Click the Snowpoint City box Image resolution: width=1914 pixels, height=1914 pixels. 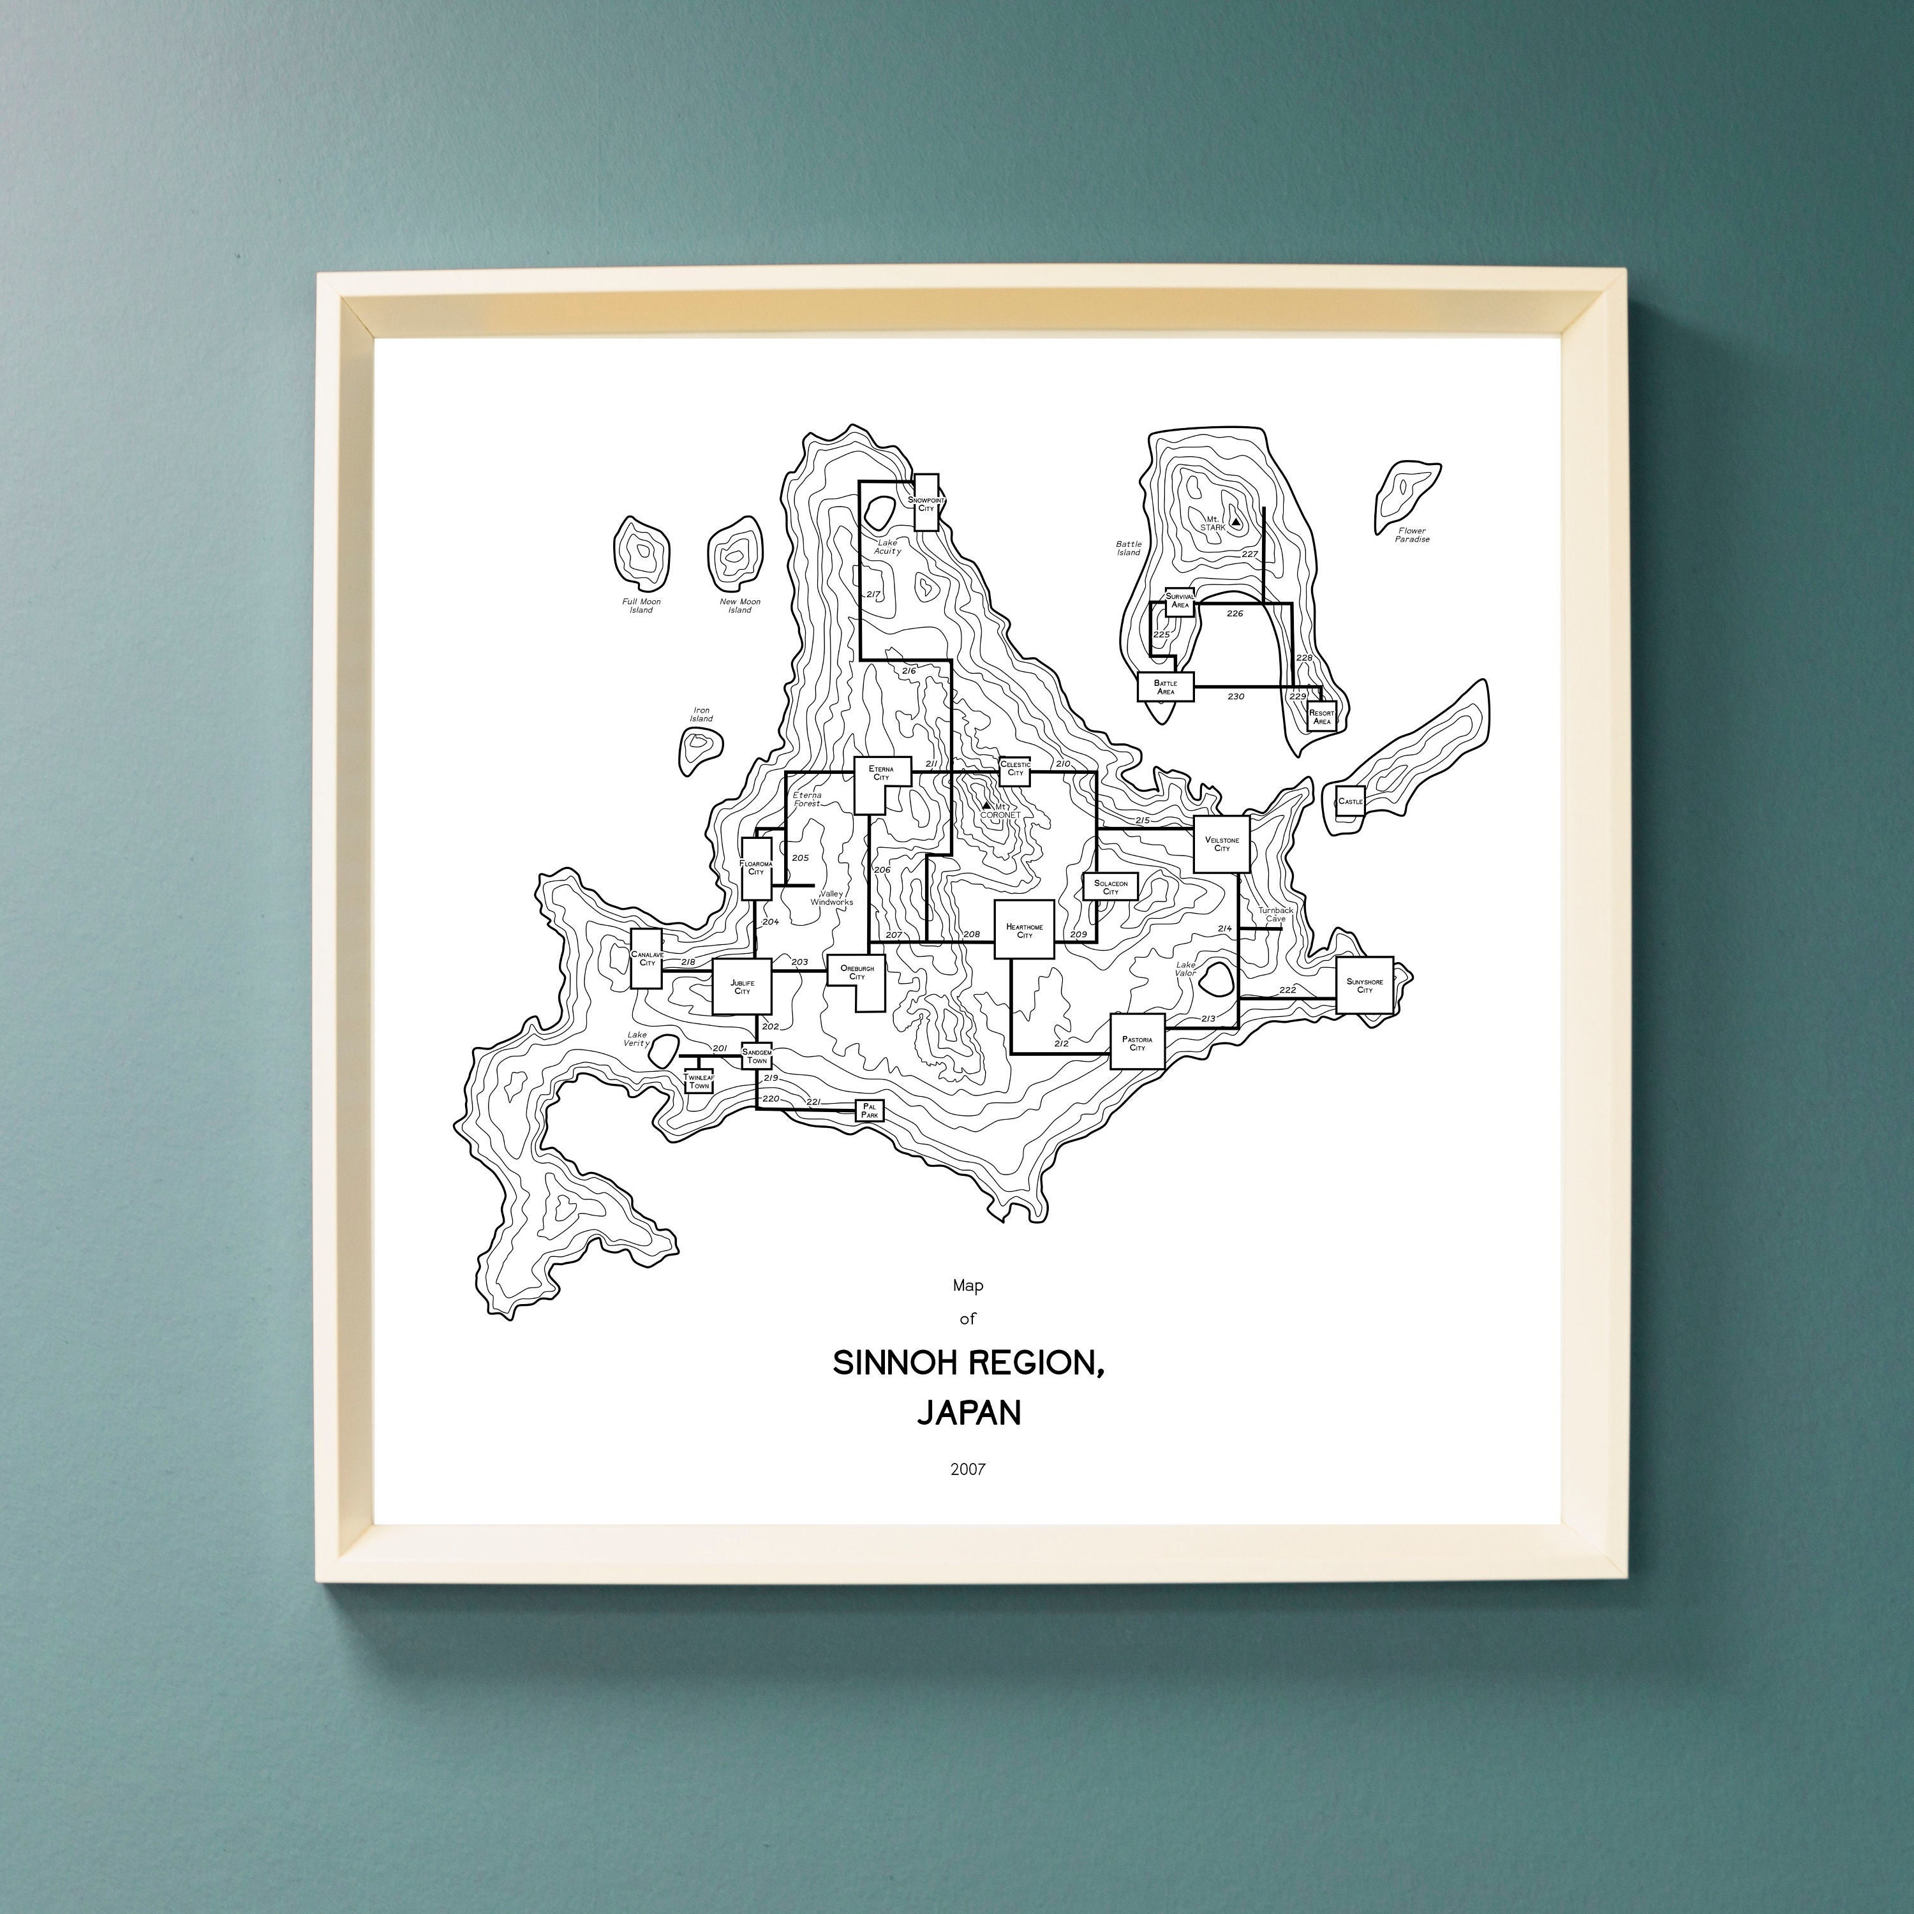pos(925,502)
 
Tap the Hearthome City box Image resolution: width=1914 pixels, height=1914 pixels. pos(1023,930)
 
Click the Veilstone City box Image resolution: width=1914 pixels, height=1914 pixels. pos(1222,844)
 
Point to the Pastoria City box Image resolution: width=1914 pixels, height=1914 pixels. pos(1136,1041)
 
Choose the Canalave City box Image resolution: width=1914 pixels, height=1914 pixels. pos(647,958)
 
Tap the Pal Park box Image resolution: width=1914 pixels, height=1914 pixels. pos(869,1111)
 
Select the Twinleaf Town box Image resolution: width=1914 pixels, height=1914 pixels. pos(699,1082)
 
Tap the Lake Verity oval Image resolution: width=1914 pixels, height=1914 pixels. pos(663,1049)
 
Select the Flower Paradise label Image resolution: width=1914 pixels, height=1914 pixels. pos(1412,535)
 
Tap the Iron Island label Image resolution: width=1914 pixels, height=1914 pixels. pos(701,715)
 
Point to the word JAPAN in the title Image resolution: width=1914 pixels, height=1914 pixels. pos(968,1413)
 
